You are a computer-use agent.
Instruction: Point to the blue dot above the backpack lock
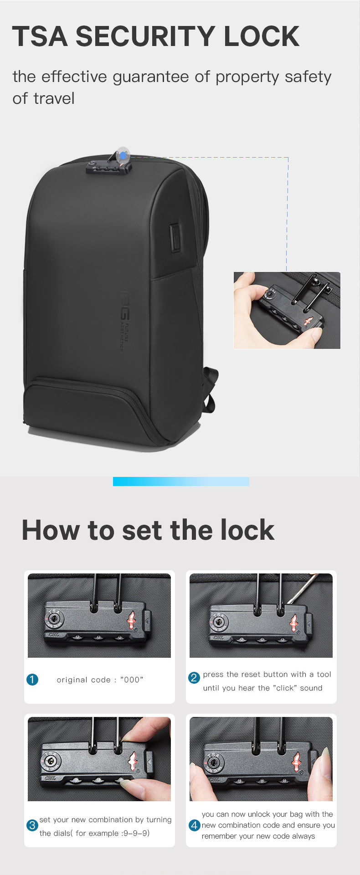tap(123, 156)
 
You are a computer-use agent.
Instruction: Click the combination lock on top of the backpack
tap(109, 167)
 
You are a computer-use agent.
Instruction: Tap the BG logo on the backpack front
tap(124, 305)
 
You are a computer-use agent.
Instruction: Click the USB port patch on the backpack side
tap(175, 237)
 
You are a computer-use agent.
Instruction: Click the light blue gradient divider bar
tap(181, 481)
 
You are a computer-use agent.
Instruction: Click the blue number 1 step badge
tap(32, 680)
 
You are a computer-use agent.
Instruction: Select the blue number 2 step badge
tap(194, 677)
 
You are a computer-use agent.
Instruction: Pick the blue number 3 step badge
tap(32, 825)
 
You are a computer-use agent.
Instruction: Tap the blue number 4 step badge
tap(195, 825)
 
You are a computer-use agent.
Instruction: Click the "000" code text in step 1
tap(132, 680)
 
